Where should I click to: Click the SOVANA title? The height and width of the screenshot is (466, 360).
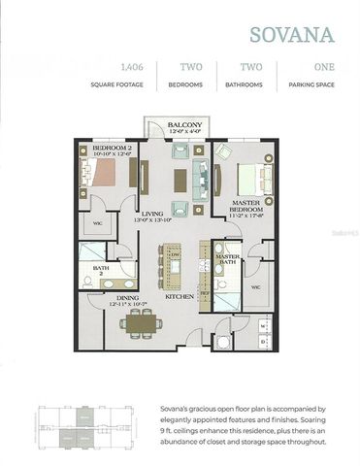pos(292,35)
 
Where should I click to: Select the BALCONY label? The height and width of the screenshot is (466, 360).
pos(183,126)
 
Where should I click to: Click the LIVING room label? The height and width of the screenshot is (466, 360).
pos(151,214)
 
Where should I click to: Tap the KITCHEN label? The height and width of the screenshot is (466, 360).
pos(180,295)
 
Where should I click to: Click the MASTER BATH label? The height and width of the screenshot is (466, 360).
pos(227,257)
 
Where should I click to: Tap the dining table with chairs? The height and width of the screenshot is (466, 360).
pos(140,319)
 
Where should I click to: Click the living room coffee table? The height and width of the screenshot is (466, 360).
pos(180,182)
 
